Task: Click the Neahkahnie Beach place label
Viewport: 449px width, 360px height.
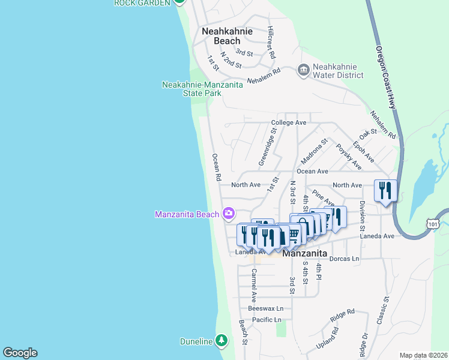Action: (227, 36)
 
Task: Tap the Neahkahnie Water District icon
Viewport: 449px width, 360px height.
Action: (303, 71)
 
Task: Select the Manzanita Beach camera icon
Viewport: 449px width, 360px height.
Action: (228, 213)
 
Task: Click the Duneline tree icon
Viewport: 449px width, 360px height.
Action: (221, 341)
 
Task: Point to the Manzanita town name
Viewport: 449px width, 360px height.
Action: (304, 253)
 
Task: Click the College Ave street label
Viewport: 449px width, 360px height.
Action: (289, 122)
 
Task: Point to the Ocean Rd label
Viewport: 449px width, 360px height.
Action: (216, 167)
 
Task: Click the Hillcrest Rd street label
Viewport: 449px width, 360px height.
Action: (271, 42)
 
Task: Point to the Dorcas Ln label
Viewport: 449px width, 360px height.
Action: (345, 259)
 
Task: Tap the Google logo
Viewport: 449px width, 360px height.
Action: (20, 353)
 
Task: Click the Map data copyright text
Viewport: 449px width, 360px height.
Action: (423, 355)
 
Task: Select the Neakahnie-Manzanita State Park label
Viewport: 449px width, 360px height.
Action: (202, 89)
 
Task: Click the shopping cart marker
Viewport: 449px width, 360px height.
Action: (294, 233)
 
